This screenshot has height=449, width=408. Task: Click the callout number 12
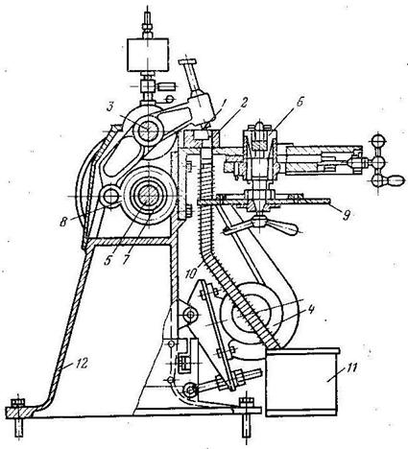[x=81, y=365]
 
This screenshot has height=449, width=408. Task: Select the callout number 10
[x=192, y=272]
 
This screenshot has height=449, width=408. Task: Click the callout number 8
[x=64, y=222]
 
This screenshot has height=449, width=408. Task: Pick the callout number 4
[x=310, y=311]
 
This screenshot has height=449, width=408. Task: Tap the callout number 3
[x=109, y=107]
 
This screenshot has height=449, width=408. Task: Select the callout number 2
[x=245, y=103]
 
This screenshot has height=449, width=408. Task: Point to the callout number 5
[x=108, y=260]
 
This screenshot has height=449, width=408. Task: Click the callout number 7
[x=126, y=259]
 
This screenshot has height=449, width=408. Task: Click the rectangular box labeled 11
[x=302, y=382]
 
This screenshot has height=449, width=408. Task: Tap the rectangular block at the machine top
[x=148, y=55]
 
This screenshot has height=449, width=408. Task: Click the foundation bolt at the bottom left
[x=19, y=417]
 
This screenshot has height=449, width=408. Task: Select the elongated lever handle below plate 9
[x=261, y=226]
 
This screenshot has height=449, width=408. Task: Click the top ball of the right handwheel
[x=378, y=141]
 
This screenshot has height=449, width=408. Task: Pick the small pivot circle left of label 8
[x=109, y=196]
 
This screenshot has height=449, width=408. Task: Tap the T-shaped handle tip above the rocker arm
[x=188, y=60]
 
